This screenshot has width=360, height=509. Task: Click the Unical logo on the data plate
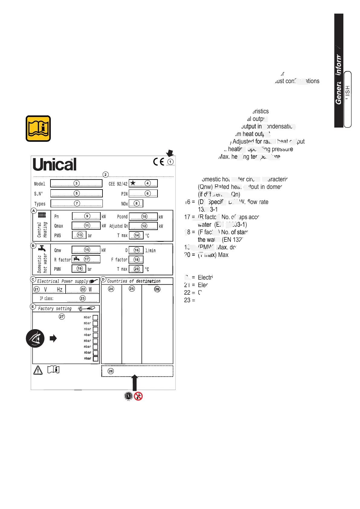(x=54, y=164)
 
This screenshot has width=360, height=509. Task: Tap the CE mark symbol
(x=158, y=162)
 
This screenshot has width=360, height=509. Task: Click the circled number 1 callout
(x=170, y=162)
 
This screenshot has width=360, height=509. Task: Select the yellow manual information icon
(x=38, y=128)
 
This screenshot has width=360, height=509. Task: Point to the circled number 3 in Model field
(x=76, y=183)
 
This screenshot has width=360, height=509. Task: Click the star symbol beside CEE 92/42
(x=133, y=183)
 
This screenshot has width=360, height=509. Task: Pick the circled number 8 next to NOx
(x=136, y=203)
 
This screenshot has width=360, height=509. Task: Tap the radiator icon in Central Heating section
(x=42, y=215)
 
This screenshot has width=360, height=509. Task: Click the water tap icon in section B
(x=42, y=248)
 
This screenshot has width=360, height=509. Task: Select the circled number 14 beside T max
(x=137, y=235)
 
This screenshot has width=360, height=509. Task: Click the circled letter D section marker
(x=103, y=279)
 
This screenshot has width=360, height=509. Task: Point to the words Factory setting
(x=55, y=309)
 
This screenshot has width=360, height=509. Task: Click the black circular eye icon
(x=35, y=338)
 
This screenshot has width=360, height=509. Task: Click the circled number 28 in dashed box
(x=111, y=371)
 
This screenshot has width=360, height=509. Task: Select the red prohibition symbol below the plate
(x=138, y=396)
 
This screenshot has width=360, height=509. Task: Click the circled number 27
(x=62, y=316)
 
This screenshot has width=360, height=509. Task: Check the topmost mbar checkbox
(x=95, y=317)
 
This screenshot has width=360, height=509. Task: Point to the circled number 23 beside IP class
(x=83, y=298)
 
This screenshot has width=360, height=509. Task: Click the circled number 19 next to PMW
(x=79, y=268)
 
